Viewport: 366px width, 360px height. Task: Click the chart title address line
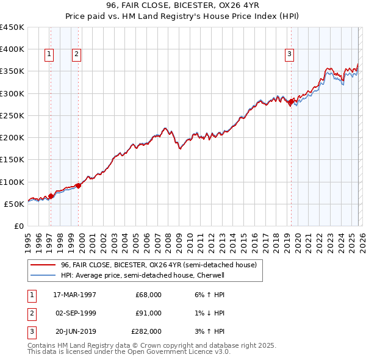point(182,5)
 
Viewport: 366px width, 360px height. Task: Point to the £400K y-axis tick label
point(12,49)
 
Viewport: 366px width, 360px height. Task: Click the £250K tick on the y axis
point(12,115)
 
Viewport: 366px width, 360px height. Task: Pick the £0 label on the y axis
point(18,226)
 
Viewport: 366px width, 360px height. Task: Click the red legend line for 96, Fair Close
point(43,265)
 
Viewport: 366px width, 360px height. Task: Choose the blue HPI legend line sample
point(43,275)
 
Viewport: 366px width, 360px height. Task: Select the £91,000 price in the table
point(148,313)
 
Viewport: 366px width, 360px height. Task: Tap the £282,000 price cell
point(146,331)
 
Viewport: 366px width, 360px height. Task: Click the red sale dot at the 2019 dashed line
point(291,102)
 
